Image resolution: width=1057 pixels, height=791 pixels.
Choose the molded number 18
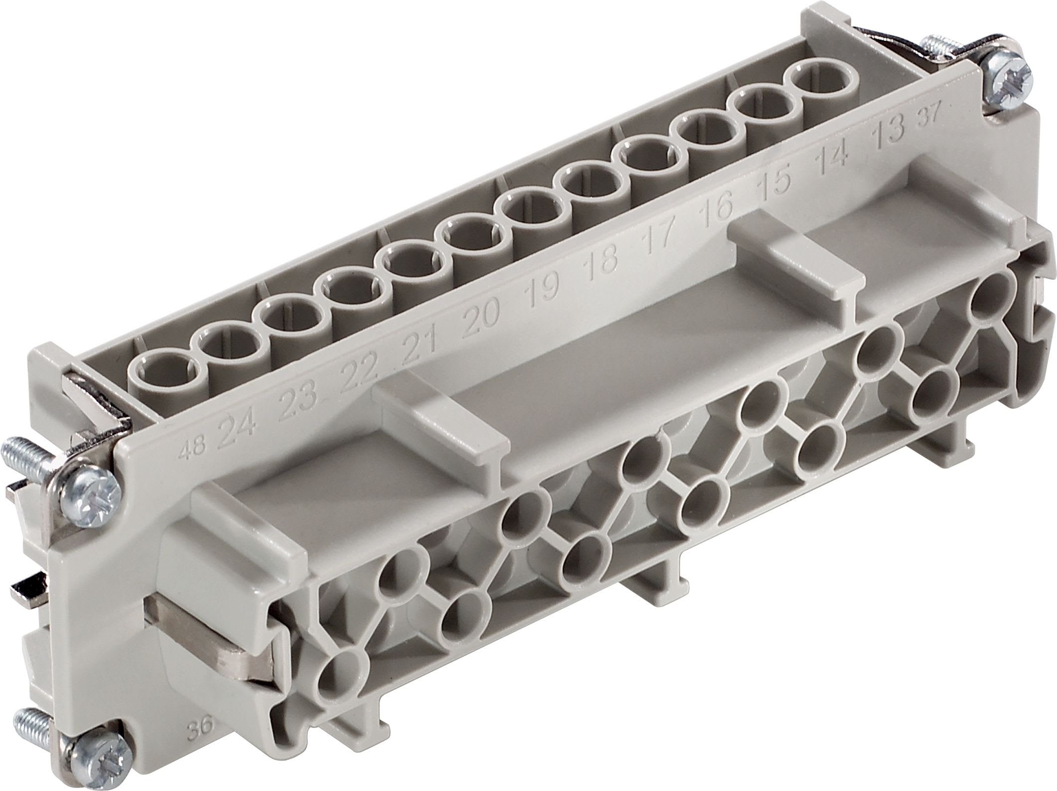[604, 257]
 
